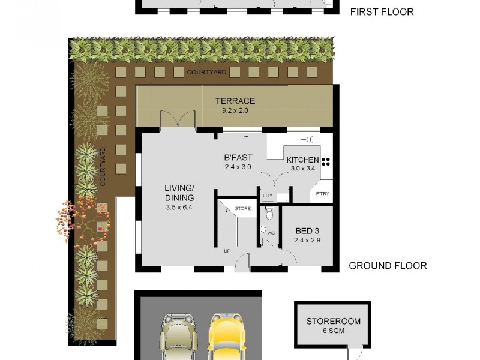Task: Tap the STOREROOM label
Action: click(333, 321)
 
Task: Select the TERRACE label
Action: click(235, 101)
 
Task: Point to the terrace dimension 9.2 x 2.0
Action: click(235, 110)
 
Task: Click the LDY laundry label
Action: click(267, 196)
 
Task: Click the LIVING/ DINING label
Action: click(179, 193)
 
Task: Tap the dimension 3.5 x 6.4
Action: click(179, 208)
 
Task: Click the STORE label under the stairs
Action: click(242, 208)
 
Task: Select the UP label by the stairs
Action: click(227, 251)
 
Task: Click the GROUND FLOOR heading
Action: click(388, 265)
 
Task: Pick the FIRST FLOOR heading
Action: click(382, 11)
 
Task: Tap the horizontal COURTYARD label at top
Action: click(206, 72)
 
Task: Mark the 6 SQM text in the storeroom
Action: click(333, 332)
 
